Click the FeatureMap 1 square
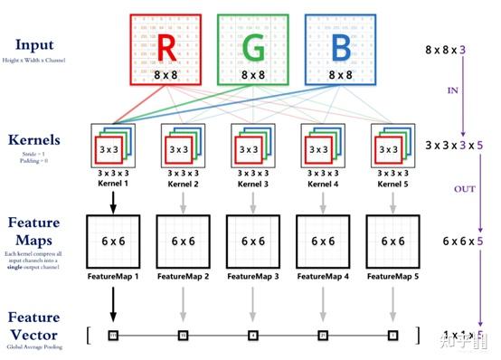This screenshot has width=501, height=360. click(x=113, y=242)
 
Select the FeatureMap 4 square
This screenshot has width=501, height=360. click(x=324, y=242)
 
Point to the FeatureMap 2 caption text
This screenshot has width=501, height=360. click(x=184, y=277)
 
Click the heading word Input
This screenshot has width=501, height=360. click(x=33, y=44)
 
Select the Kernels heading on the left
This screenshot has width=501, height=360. click(x=33, y=142)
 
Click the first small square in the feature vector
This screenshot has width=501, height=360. click(x=113, y=336)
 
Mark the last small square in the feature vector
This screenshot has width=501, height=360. click(x=393, y=336)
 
